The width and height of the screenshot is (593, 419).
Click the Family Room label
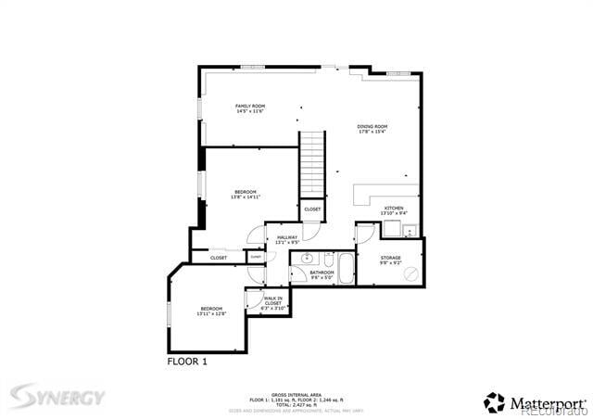point(249,107)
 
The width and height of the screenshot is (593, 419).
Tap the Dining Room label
point(372,126)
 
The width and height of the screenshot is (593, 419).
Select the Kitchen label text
point(394,209)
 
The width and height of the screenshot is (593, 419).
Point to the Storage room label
point(390,257)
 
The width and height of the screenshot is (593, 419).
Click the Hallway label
point(287,238)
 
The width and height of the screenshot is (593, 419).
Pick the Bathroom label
point(322,273)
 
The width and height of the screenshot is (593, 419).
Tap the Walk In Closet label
point(273,301)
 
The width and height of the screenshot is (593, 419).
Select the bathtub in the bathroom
point(346,269)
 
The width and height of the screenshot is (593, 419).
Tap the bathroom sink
point(307,258)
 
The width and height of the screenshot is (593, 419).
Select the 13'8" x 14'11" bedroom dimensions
point(246,197)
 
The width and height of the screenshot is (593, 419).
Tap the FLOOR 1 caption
point(187,361)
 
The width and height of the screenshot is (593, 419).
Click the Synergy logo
point(57,398)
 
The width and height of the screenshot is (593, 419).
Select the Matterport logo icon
point(494,402)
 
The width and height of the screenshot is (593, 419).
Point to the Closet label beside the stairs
point(312,209)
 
